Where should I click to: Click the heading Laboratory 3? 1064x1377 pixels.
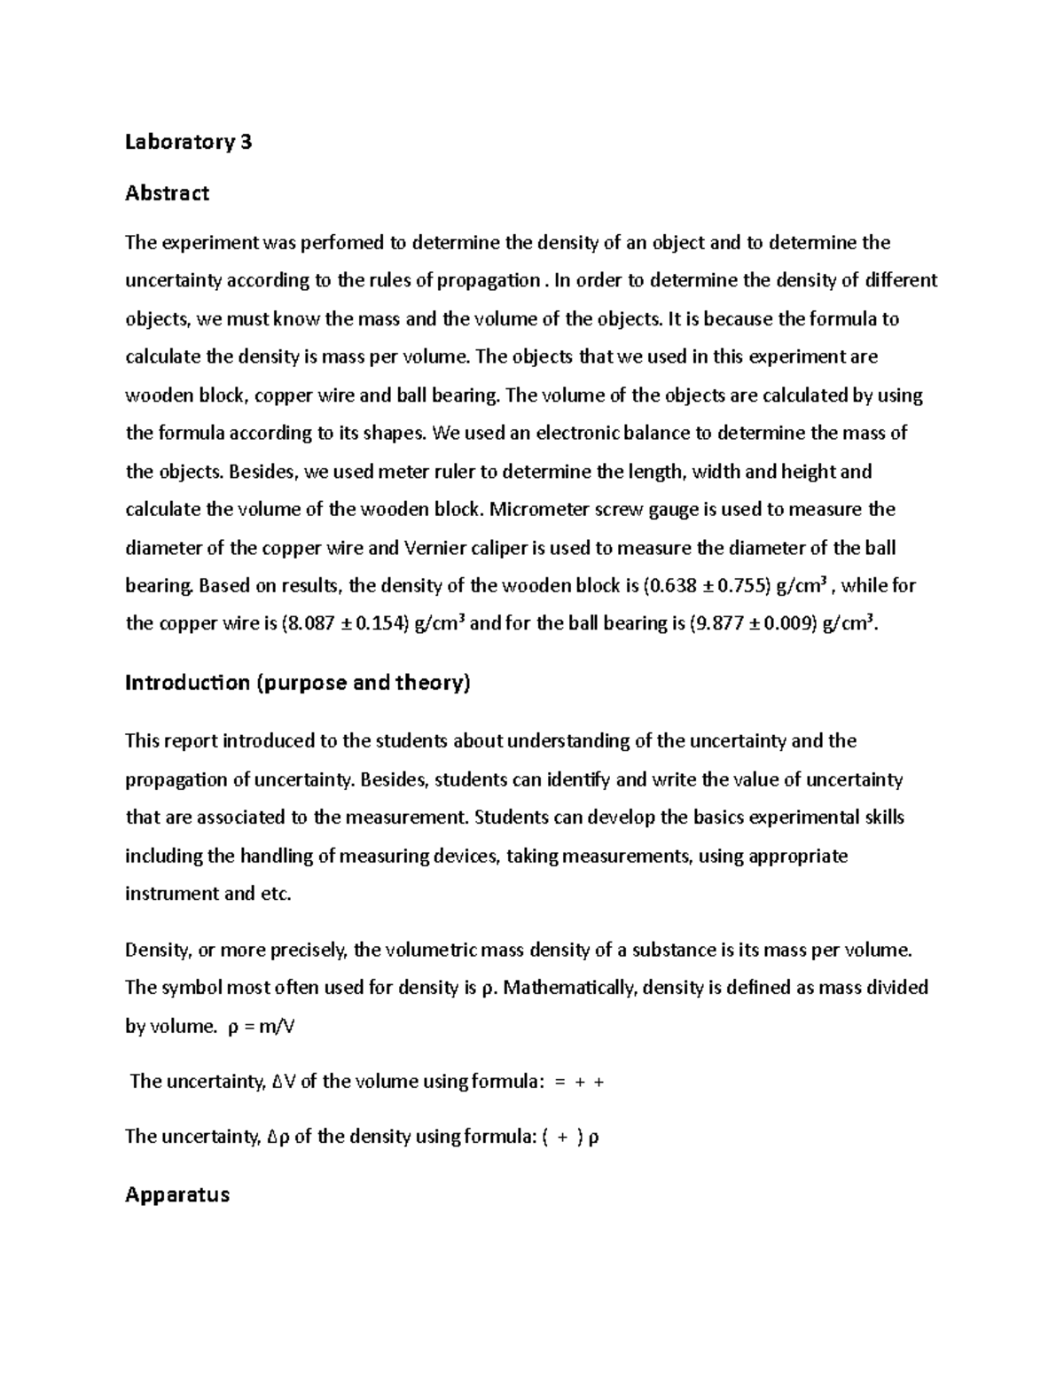click(x=188, y=142)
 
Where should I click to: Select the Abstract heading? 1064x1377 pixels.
click(x=167, y=193)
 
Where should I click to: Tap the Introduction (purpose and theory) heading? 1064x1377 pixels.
click(x=297, y=683)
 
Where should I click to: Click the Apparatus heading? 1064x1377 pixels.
click(x=177, y=1194)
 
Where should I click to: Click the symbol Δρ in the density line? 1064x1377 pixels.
click(x=278, y=1137)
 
